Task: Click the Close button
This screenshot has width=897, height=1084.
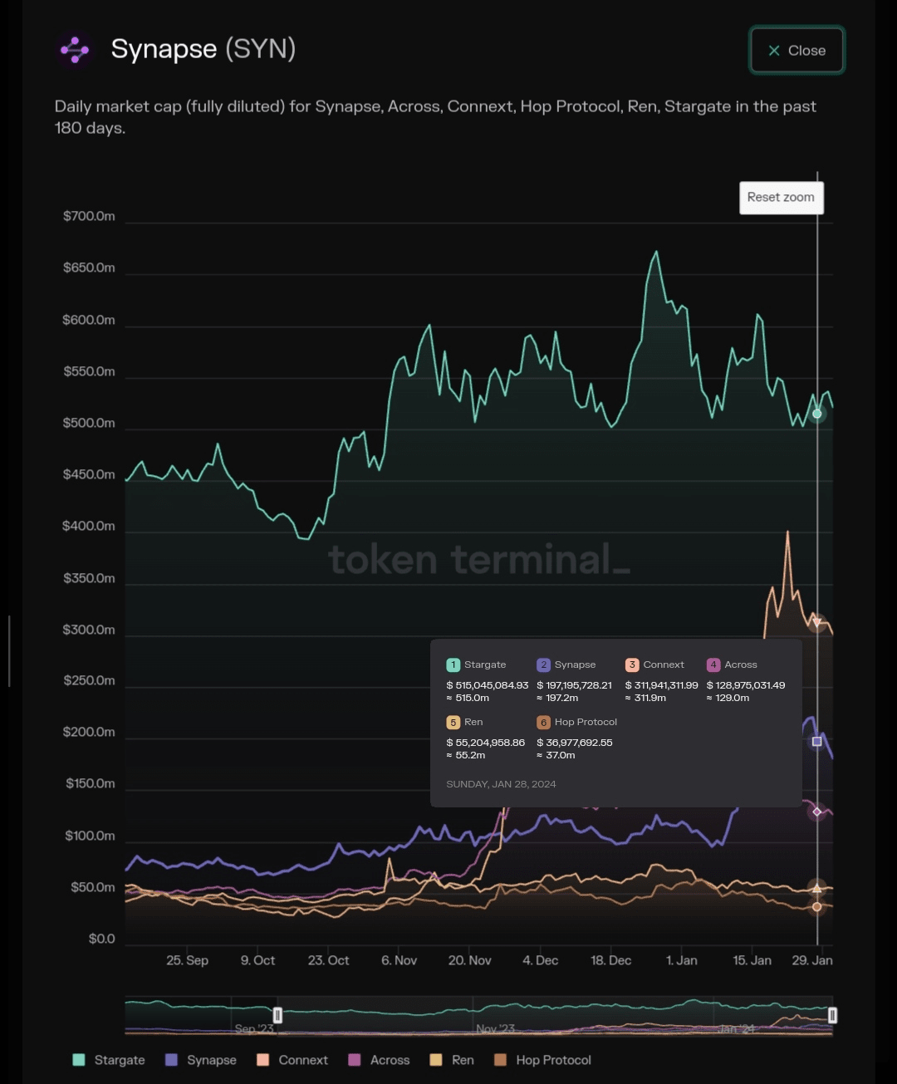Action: pyautogui.click(x=797, y=51)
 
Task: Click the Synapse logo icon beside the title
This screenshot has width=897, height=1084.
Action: pyautogui.click(x=75, y=50)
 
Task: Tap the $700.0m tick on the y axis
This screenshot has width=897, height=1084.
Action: pyautogui.click(x=89, y=216)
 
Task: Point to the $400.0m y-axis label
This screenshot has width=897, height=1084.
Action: pyautogui.click(x=89, y=526)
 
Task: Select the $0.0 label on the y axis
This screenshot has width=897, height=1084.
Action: pyautogui.click(x=101, y=939)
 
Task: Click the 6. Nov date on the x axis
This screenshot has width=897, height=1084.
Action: pyautogui.click(x=399, y=960)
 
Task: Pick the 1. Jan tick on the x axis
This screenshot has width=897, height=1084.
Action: pyautogui.click(x=681, y=960)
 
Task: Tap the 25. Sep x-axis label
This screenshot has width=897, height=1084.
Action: pyautogui.click(x=187, y=960)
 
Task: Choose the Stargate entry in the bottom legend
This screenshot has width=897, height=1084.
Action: pyautogui.click(x=109, y=1060)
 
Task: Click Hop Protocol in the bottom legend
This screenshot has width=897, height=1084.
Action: pyautogui.click(x=542, y=1060)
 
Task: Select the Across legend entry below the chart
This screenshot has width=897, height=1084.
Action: pyautogui.click(x=379, y=1060)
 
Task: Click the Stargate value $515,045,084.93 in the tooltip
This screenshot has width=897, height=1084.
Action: pyautogui.click(x=488, y=685)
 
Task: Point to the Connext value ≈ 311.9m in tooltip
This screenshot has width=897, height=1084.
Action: pyautogui.click(x=645, y=698)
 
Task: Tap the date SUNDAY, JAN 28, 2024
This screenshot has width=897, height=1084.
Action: pyautogui.click(x=501, y=784)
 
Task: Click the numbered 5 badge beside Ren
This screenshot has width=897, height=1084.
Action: pyautogui.click(x=453, y=723)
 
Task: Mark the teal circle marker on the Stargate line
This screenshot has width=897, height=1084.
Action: pyautogui.click(x=817, y=414)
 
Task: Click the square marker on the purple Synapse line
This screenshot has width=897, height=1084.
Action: pyautogui.click(x=817, y=742)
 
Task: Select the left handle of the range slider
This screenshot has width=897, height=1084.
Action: pyautogui.click(x=277, y=1015)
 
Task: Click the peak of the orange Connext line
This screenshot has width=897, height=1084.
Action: pyautogui.click(x=787, y=532)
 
